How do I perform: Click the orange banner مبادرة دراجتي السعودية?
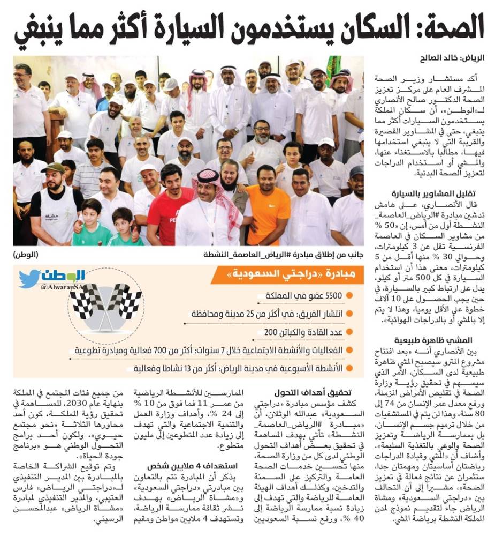pyautogui.click(x=297, y=276)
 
